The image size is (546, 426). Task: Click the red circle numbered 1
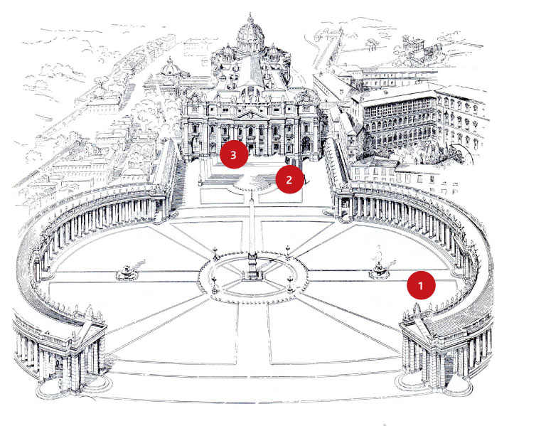(420, 286)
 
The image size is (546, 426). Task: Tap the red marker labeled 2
(289, 180)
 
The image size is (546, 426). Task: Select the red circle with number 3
(233, 154)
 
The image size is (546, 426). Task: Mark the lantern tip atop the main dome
(250, 16)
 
